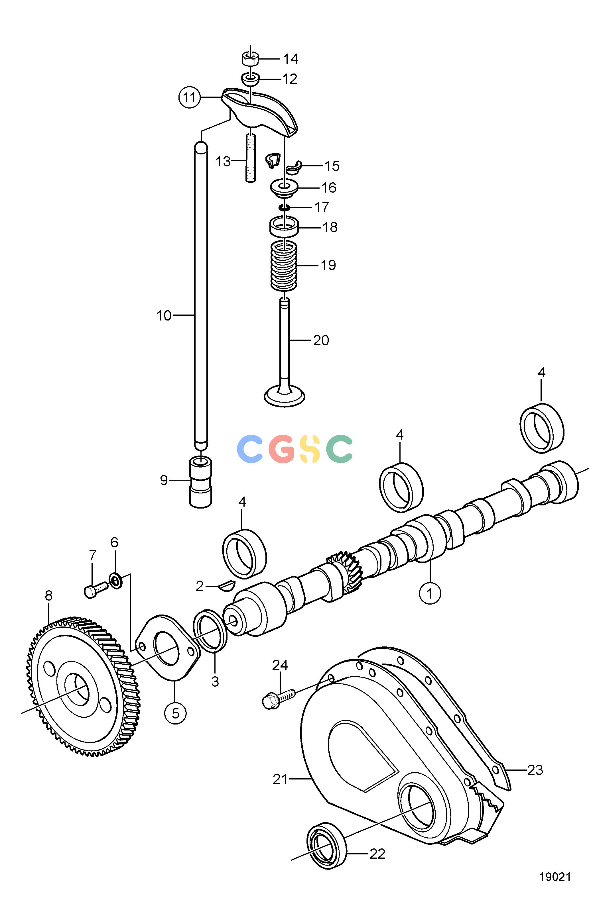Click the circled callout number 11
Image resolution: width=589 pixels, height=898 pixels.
point(189,97)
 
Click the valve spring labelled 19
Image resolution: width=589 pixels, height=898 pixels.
point(284,266)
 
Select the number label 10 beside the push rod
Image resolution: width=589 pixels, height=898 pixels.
point(164,315)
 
